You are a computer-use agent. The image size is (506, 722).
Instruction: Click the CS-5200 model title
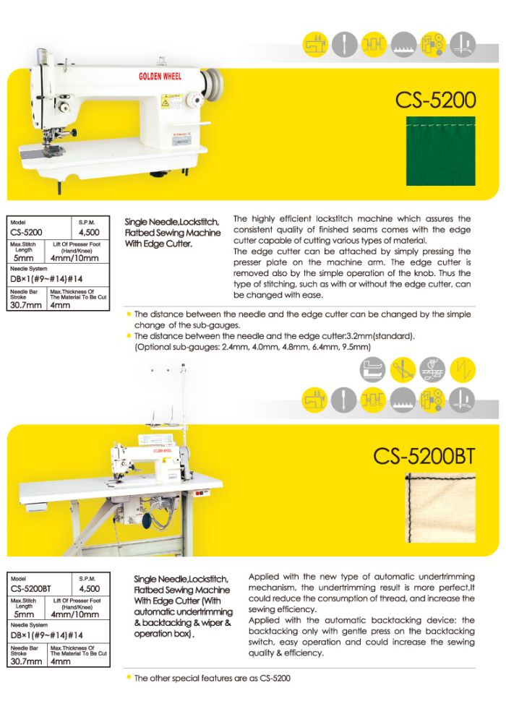pyautogui.click(x=435, y=100)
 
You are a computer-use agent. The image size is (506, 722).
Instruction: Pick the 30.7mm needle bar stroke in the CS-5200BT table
pyautogui.click(x=27, y=661)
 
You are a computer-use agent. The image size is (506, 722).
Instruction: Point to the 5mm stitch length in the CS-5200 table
pyautogui.click(x=24, y=257)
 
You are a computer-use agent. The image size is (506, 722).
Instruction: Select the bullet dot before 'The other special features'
pyautogui.click(x=129, y=677)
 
